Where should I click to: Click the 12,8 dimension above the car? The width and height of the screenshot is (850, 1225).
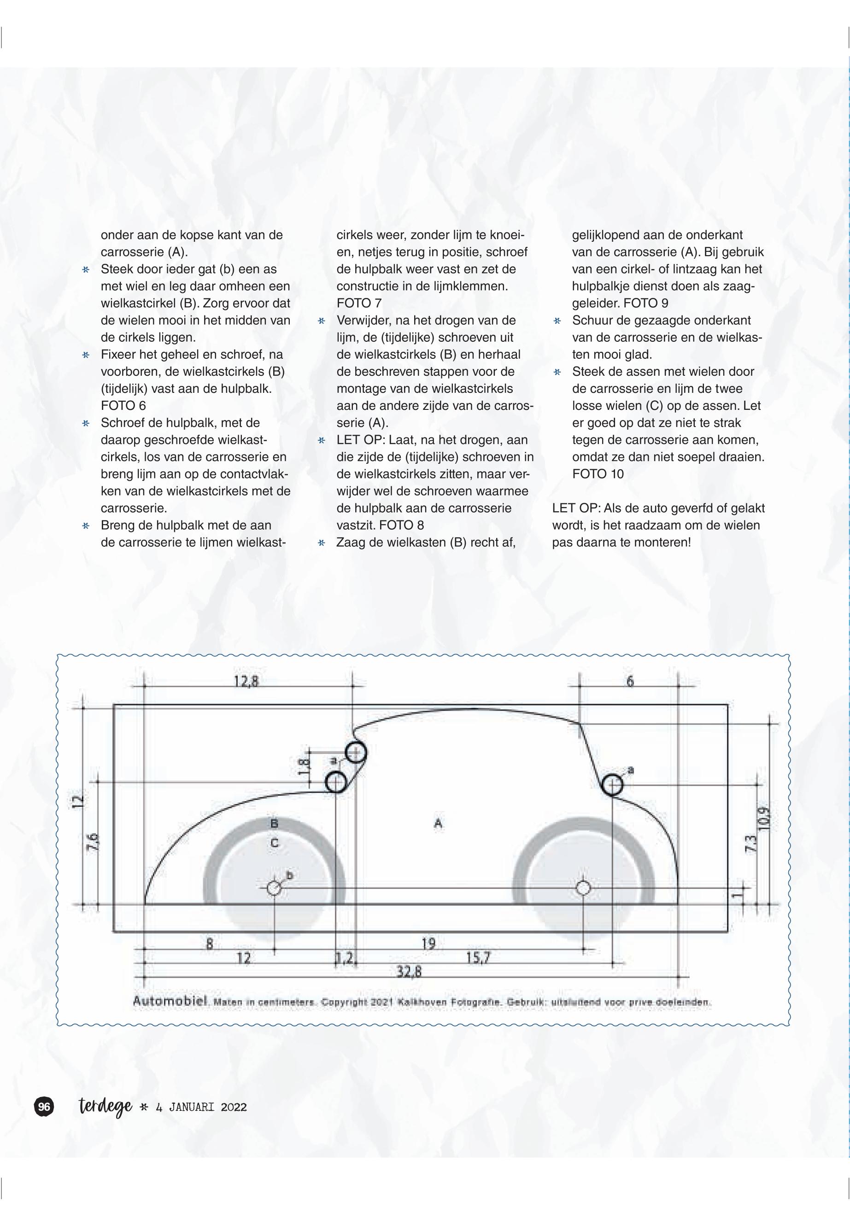(246, 681)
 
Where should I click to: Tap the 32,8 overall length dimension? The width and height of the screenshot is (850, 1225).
(409, 972)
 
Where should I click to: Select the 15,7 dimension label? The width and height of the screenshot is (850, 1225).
(478, 958)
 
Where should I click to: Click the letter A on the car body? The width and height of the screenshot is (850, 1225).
(438, 823)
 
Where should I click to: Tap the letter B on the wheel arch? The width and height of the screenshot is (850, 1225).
(274, 823)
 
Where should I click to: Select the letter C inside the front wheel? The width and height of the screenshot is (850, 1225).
(274, 843)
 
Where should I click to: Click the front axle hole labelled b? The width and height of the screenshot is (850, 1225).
(274, 888)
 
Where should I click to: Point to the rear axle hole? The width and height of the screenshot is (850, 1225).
(583, 888)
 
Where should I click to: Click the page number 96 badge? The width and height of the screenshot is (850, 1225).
(44, 1107)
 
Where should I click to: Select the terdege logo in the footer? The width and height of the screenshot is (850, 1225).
(105, 1107)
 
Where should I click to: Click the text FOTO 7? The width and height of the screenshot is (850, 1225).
(359, 303)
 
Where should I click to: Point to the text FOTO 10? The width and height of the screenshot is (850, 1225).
(598, 474)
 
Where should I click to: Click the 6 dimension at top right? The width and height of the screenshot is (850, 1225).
(629, 682)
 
